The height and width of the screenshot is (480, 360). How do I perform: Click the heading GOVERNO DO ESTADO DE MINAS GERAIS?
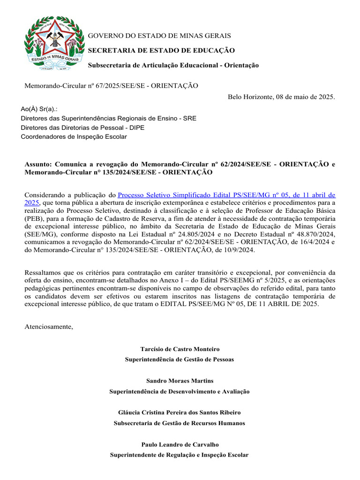click(160, 36)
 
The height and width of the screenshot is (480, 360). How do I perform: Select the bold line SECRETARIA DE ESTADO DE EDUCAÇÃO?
click(162, 50)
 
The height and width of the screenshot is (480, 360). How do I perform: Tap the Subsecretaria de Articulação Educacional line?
click(173, 65)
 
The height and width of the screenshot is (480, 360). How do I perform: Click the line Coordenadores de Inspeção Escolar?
click(74, 137)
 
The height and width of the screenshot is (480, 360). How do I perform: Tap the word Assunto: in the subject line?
click(38, 165)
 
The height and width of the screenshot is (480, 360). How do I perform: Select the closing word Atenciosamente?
click(49, 326)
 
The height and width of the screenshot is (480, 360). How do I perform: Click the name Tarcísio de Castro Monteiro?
click(180, 349)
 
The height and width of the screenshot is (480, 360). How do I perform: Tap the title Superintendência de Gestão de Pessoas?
click(180, 360)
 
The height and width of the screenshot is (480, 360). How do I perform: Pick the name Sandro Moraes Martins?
click(180, 381)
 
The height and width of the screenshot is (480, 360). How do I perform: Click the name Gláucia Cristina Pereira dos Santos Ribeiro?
click(180, 412)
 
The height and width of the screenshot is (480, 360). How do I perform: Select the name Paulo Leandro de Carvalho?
click(180, 444)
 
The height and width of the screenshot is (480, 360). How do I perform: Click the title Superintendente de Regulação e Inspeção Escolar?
click(180, 455)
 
